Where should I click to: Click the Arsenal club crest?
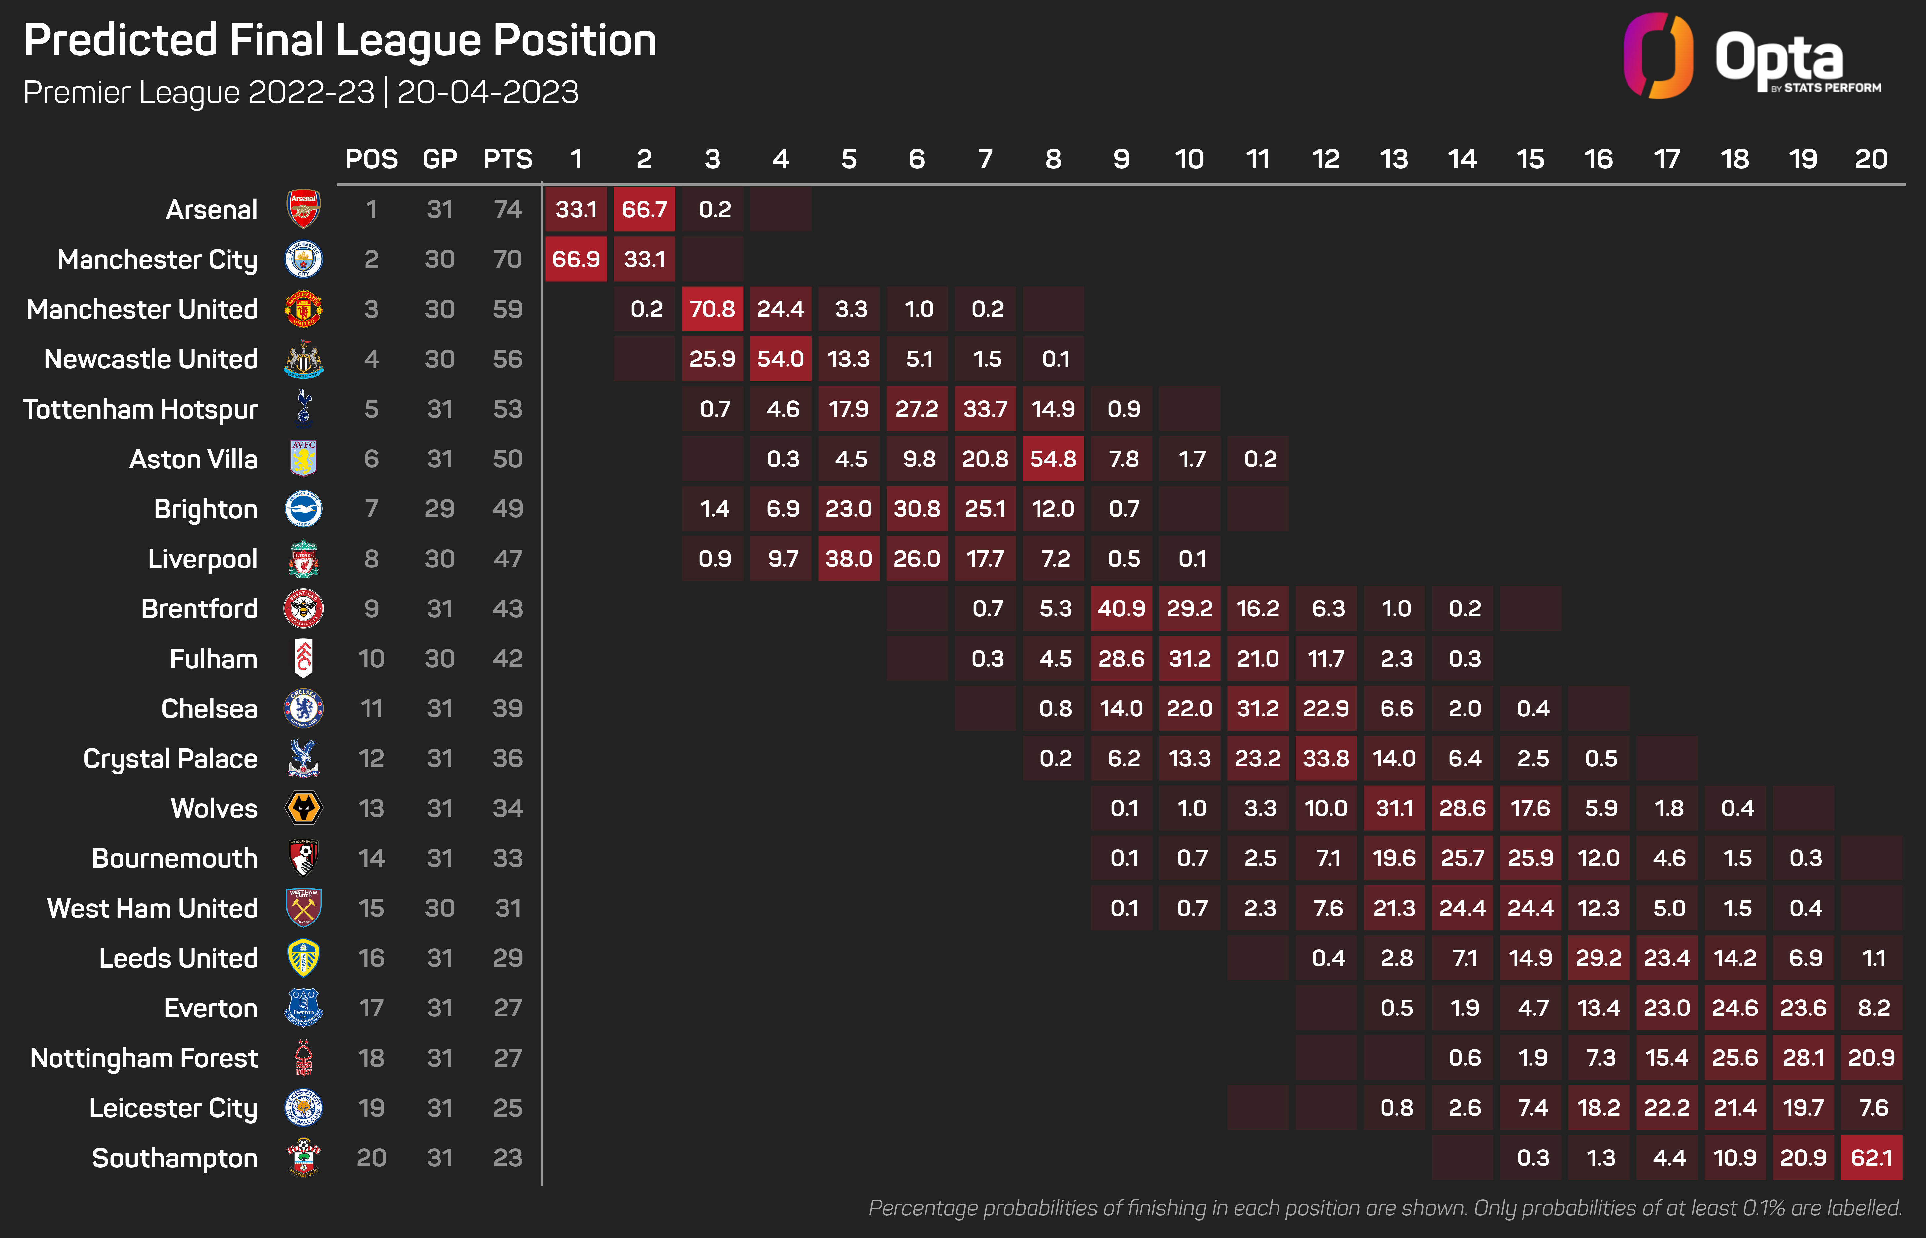[x=304, y=209]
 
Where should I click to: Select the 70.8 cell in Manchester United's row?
[x=712, y=309]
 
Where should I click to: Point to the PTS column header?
[x=507, y=159]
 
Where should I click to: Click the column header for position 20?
[x=1871, y=159]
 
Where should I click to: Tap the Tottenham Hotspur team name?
[x=141, y=409]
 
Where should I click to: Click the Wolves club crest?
[x=304, y=808]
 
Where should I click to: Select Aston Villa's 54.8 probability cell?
[x=1053, y=459]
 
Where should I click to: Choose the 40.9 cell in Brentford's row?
[x=1121, y=608]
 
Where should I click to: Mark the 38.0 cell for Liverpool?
[x=849, y=559]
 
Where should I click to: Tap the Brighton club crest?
[x=304, y=509]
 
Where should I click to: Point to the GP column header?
[x=440, y=159]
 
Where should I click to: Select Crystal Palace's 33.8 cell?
[x=1325, y=758]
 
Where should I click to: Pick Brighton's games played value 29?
[x=440, y=509]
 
